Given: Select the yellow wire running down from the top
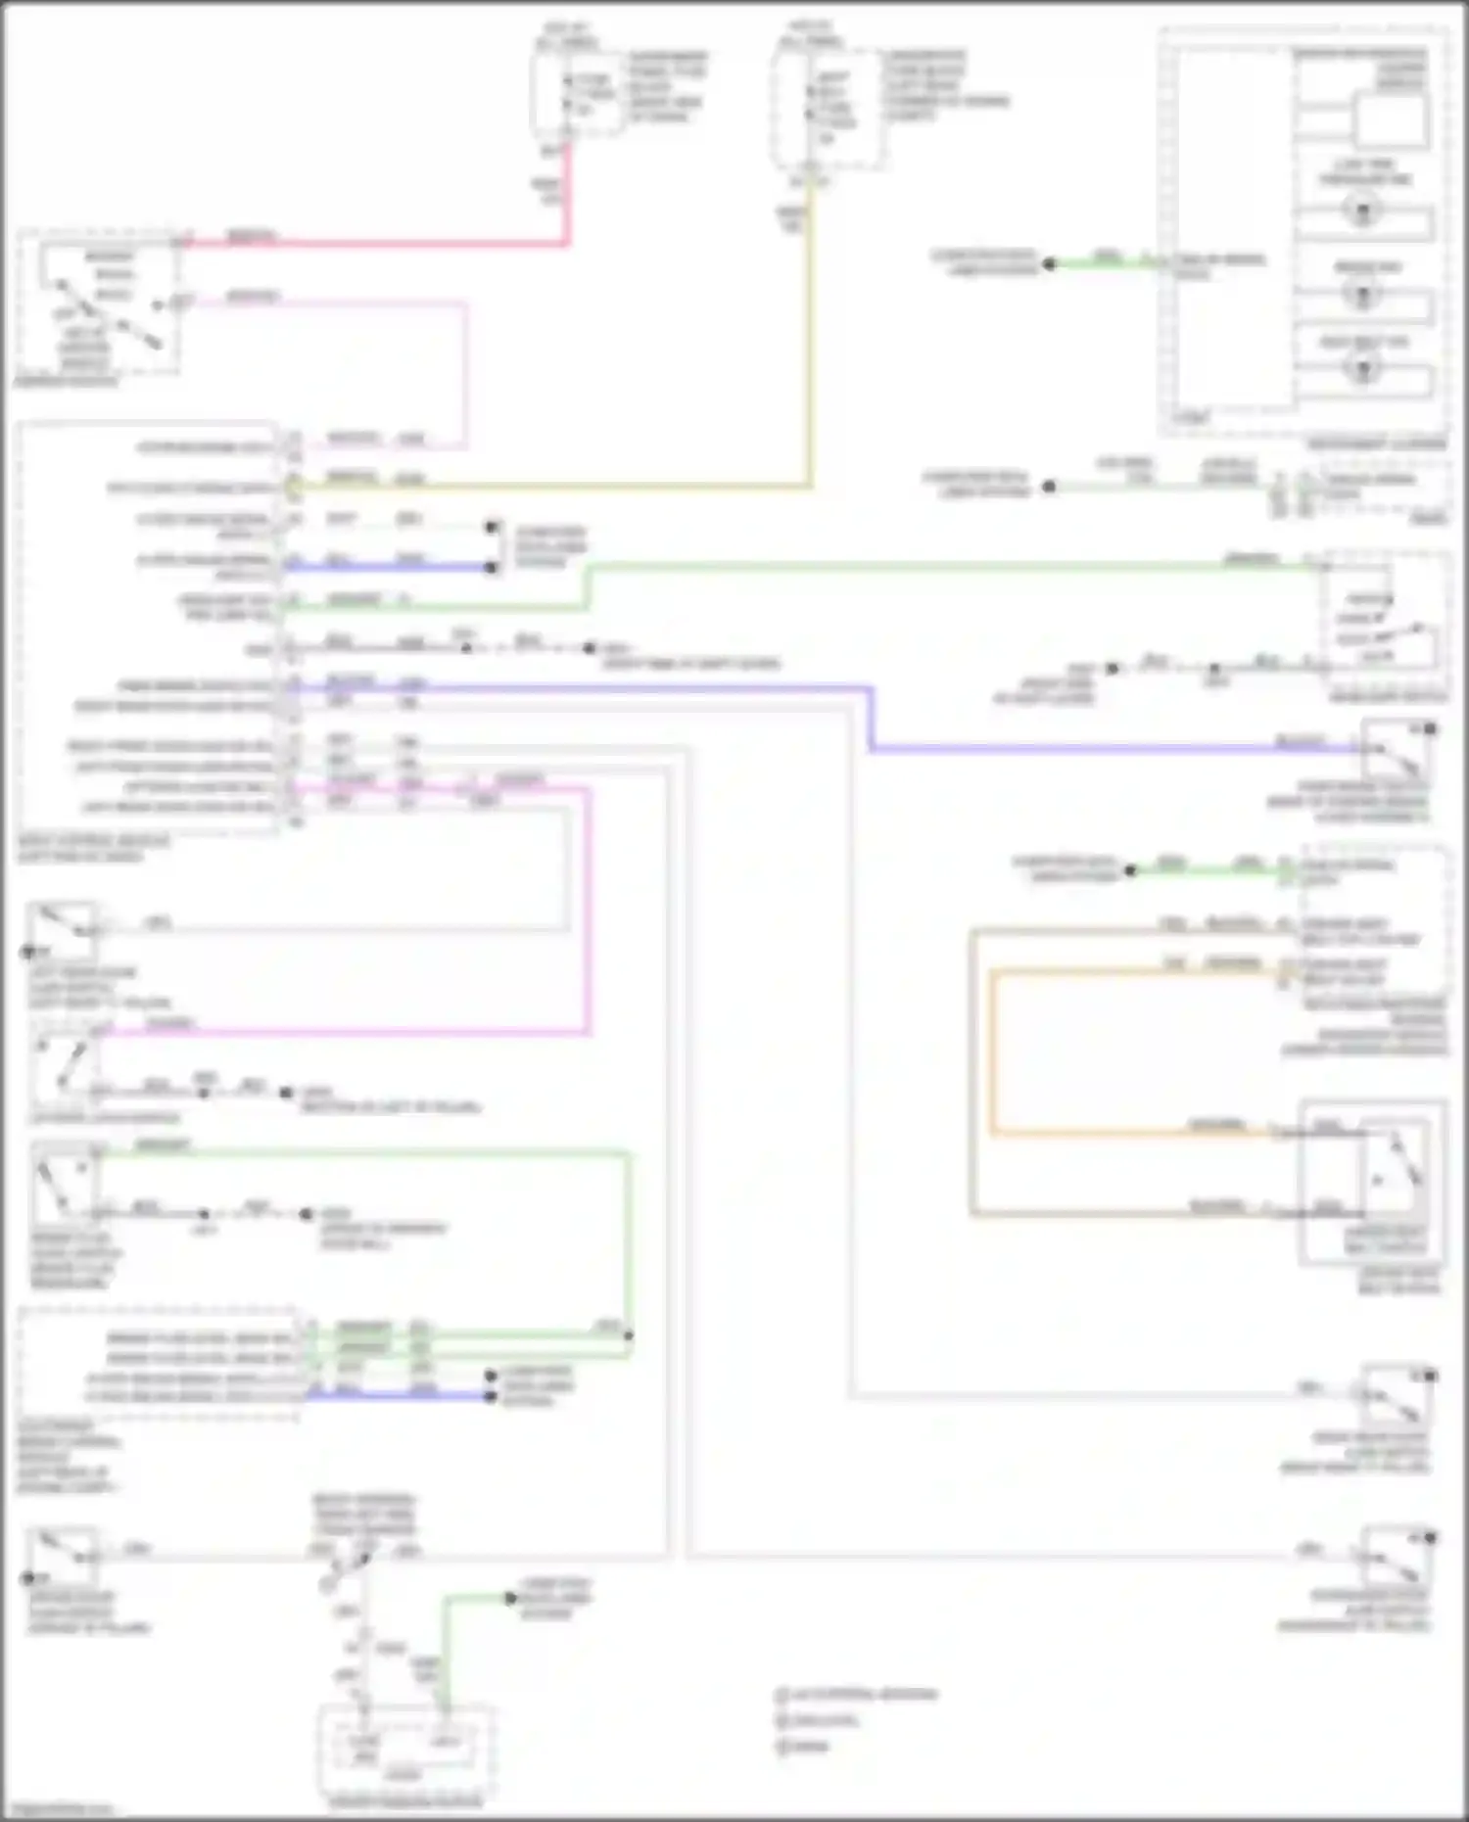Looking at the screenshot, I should pyautogui.click(x=809, y=343).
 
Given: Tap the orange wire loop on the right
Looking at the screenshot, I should pyautogui.click(x=991, y=1057).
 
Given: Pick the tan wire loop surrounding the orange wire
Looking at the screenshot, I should pyautogui.click(x=971, y=1077).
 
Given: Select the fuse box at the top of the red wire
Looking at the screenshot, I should pyautogui.click(x=578, y=93).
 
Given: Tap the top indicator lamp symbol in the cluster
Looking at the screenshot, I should pyautogui.click(x=1362, y=210).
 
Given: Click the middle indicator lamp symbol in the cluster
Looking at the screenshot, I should pyautogui.click(x=1362, y=292).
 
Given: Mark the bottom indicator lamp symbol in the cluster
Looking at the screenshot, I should pyautogui.click(x=1362, y=368).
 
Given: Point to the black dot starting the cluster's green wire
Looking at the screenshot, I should pyautogui.click(x=1049, y=263).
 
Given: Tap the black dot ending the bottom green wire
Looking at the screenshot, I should pyautogui.click(x=510, y=1599).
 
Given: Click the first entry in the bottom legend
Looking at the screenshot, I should pyautogui.click(x=857, y=1695).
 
